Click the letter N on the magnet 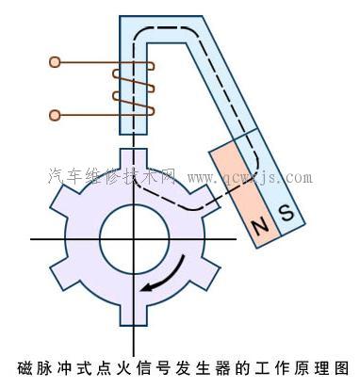point(260,226)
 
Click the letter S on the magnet point(286,214)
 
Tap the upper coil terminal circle point(56,63)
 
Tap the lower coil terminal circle point(56,115)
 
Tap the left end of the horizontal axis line point(34,239)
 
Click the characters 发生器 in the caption point(188,368)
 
